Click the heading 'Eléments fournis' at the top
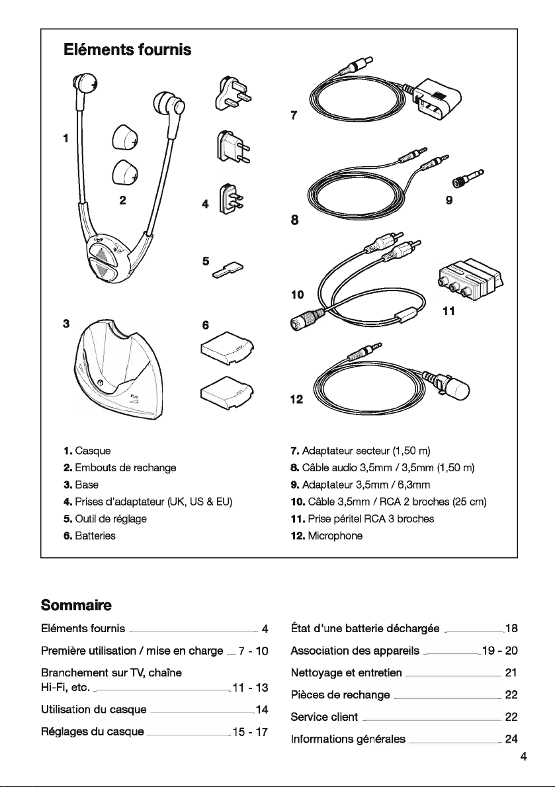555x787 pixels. point(128,50)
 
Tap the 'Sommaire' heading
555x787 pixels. point(76,605)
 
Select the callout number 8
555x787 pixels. point(294,219)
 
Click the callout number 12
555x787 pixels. point(296,400)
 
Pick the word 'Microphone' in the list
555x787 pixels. point(335,535)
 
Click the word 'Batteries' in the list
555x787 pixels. point(95,535)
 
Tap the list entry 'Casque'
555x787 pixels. point(93,451)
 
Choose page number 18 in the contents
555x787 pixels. point(511,628)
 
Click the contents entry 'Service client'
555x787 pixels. point(324,717)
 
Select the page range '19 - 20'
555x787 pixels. point(500,651)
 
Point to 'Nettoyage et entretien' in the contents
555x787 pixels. point(346,672)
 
